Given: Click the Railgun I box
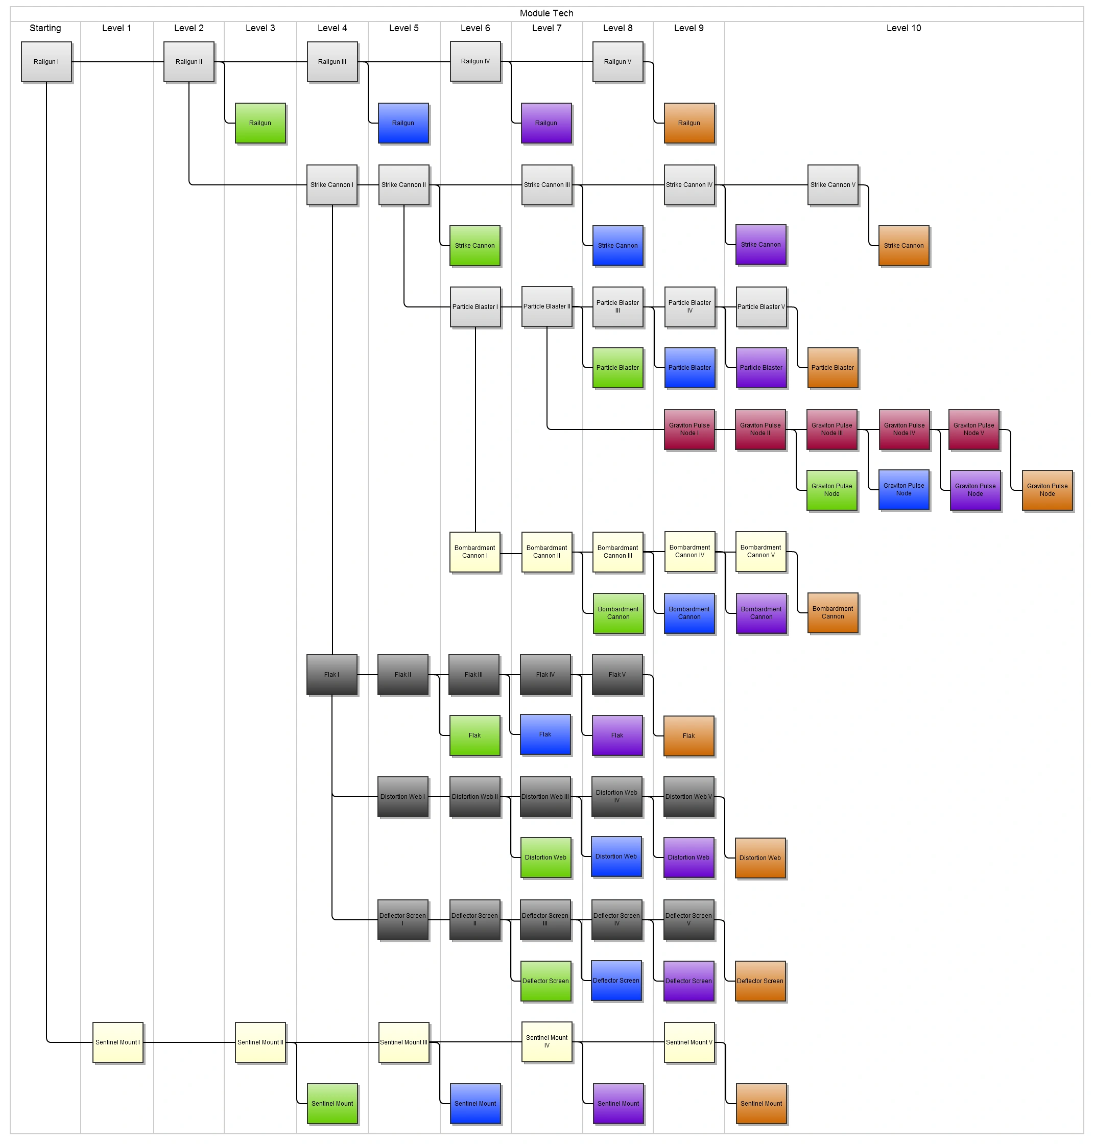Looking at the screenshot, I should click(46, 62).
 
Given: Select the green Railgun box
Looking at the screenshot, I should click(260, 123).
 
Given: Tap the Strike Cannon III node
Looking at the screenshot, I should click(546, 185).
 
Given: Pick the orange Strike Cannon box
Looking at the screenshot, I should click(903, 246).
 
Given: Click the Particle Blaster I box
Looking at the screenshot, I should click(475, 307).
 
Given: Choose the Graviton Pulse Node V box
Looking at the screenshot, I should click(973, 429).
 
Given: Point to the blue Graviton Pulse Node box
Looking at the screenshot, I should click(903, 490).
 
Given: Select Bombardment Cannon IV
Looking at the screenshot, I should click(689, 551).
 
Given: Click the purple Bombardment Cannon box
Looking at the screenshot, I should click(761, 613).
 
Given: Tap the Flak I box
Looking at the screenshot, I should click(332, 675).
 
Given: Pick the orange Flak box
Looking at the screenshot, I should click(688, 736).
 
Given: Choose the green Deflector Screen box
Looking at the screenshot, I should click(545, 981).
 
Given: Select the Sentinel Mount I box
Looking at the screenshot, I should click(118, 1042).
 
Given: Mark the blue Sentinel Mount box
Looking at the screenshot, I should click(475, 1103).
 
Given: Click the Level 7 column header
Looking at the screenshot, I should click(546, 28).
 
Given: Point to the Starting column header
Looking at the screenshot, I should click(45, 28).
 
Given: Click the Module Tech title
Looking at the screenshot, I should click(546, 13).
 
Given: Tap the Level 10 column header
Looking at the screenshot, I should click(903, 28).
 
